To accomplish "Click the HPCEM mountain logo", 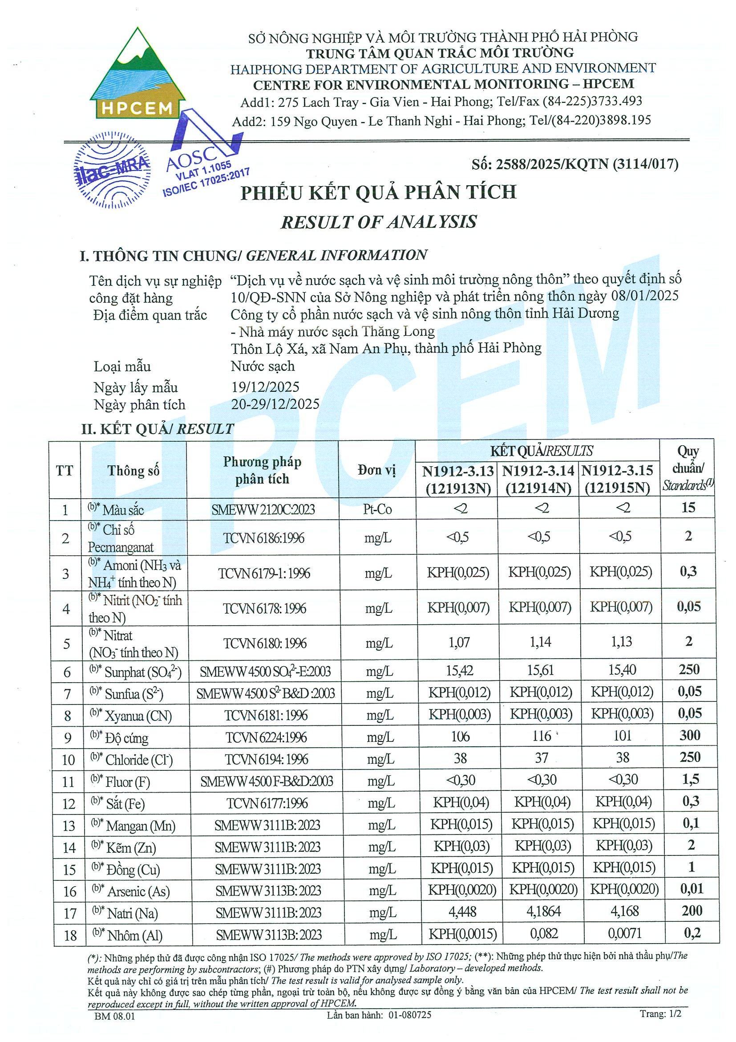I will [x=137, y=75].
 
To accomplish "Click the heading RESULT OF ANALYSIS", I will [x=379, y=222].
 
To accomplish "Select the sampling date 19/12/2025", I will [x=265, y=387].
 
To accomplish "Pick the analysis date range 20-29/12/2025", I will [x=275, y=404].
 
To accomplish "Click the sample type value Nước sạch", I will [x=263, y=366].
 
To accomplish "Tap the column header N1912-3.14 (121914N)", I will [x=538, y=479].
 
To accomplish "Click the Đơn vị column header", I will [x=377, y=470].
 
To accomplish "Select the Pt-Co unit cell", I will [x=377, y=509].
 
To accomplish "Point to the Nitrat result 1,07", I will [x=459, y=642].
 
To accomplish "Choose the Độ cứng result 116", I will [x=542, y=736].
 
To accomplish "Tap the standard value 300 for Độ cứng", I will [x=689, y=735].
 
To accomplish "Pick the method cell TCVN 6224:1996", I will [x=266, y=737].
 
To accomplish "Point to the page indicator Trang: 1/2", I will [x=660, y=1014].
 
